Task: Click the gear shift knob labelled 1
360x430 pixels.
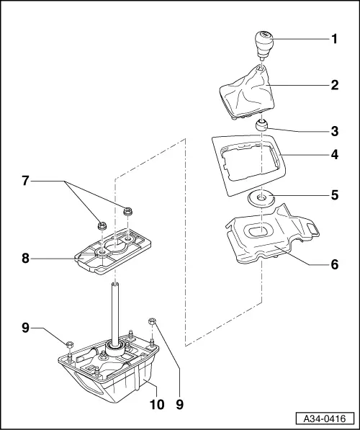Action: point(261,45)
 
